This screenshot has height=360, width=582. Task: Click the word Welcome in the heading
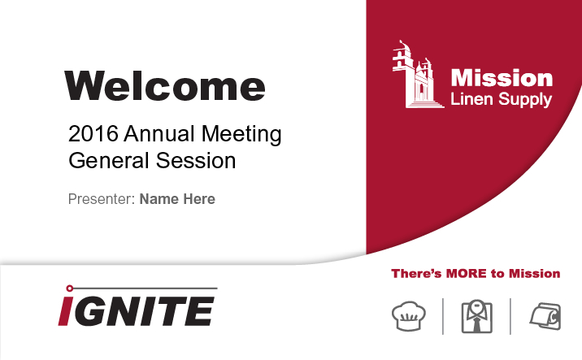(165, 85)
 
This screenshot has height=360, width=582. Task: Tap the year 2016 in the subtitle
(93, 133)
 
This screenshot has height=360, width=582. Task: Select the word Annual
(159, 133)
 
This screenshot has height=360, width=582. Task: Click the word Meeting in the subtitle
(241, 134)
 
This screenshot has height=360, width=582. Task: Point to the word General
(109, 160)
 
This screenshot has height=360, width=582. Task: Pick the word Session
(196, 160)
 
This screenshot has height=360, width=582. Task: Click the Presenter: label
(102, 199)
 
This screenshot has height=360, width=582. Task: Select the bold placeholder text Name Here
(177, 199)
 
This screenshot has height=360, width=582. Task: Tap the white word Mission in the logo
(502, 78)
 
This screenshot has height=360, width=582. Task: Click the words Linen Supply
(501, 99)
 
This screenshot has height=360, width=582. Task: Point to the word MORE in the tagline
(467, 274)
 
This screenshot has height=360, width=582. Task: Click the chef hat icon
(409, 316)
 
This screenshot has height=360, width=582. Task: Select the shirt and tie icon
(476, 316)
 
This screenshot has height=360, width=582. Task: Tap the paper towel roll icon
(545, 316)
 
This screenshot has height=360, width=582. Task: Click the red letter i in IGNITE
(64, 311)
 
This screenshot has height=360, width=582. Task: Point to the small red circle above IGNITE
(69, 288)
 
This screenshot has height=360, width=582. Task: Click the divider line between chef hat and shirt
(443, 316)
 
